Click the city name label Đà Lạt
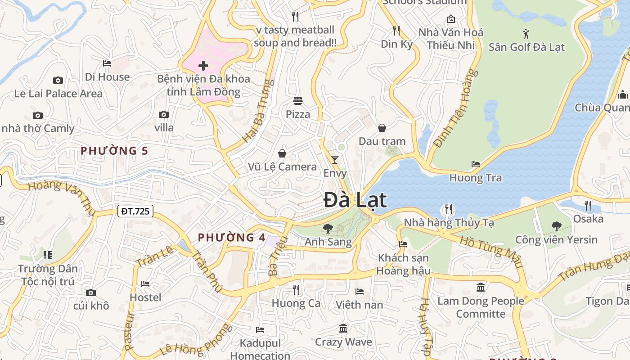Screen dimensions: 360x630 [355, 200]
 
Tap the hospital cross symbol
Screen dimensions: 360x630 [203, 66]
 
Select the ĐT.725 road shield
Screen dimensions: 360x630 [135, 211]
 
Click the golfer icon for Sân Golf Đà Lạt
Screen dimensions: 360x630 [526, 33]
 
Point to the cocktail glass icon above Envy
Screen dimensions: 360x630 [335, 159]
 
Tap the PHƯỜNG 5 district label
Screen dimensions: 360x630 [114, 151]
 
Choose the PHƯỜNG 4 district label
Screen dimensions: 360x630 [232, 238]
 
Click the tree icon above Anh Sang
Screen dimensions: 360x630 [328, 229]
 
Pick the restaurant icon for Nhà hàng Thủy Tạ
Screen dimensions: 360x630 [448, 209]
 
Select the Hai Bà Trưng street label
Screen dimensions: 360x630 [258, 111]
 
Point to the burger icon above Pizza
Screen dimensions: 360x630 [298, 100]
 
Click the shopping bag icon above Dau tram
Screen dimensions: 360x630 [382, 128]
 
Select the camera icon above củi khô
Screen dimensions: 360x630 [91, 292]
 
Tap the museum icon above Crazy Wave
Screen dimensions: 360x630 [343, 328]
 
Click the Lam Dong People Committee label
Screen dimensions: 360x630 [481, 307]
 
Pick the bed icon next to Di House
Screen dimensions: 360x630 [107, 63]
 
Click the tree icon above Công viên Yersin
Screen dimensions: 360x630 [556, 226]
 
